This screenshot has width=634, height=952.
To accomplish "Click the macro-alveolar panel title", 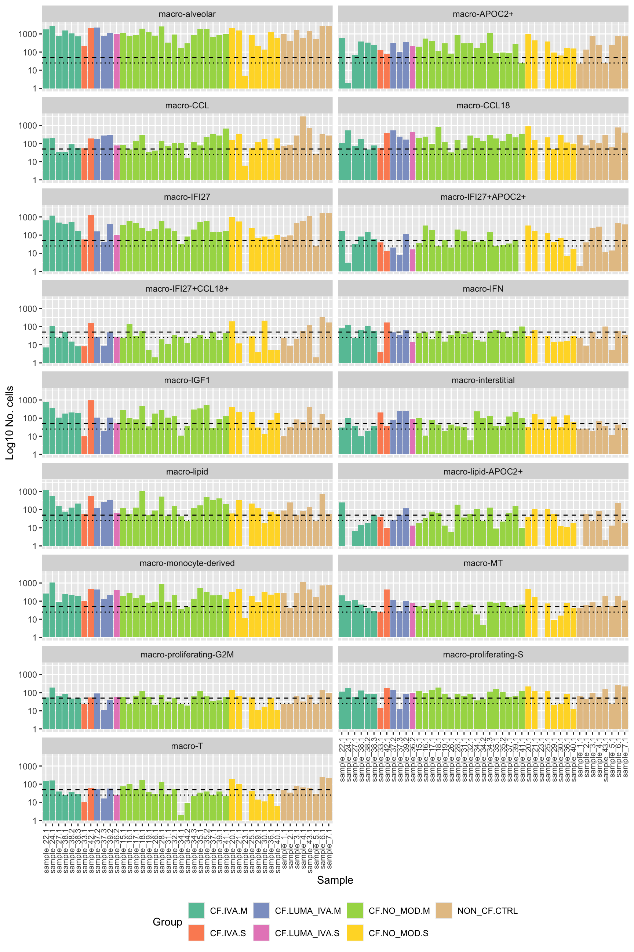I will pyautogui.click(x=187, y=14).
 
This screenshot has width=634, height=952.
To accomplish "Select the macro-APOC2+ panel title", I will pyautogui.click(x=483, y=14).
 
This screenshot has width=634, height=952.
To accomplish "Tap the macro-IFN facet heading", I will pyautogui.click(x=483, y=289).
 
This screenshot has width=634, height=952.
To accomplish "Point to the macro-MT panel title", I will pyautogui.click(x=483, y=563).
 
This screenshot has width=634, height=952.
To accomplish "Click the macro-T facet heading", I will pyautogui.click(x=187, y=746).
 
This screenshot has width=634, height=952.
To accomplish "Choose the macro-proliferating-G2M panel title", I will pyautogui.click(x=187, y=654).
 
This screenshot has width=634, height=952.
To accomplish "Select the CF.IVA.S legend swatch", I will pyautogui.click(x=196, y=933).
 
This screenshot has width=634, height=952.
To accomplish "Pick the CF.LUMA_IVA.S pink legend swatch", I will pyautogui.click(x=261, y=933).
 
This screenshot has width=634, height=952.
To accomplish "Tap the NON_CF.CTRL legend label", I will pyautogui.click(x=487, y=911).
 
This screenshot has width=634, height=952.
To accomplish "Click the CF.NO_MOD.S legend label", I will pyautogui.click(x=398, y=933).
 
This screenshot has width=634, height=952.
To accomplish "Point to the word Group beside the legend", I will pyautogui.click(x=167, y=922).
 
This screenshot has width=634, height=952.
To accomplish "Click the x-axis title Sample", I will pyautogui.click(x=335, y=880).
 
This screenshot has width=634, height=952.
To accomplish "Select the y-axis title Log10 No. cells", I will pyautogui.click(x=10, y=423).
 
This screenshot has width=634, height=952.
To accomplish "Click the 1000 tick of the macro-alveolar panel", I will pyautogui.click(x=28, y=34).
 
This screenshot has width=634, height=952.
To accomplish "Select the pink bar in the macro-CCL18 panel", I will pyautogui.click(x=412, y=155).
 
